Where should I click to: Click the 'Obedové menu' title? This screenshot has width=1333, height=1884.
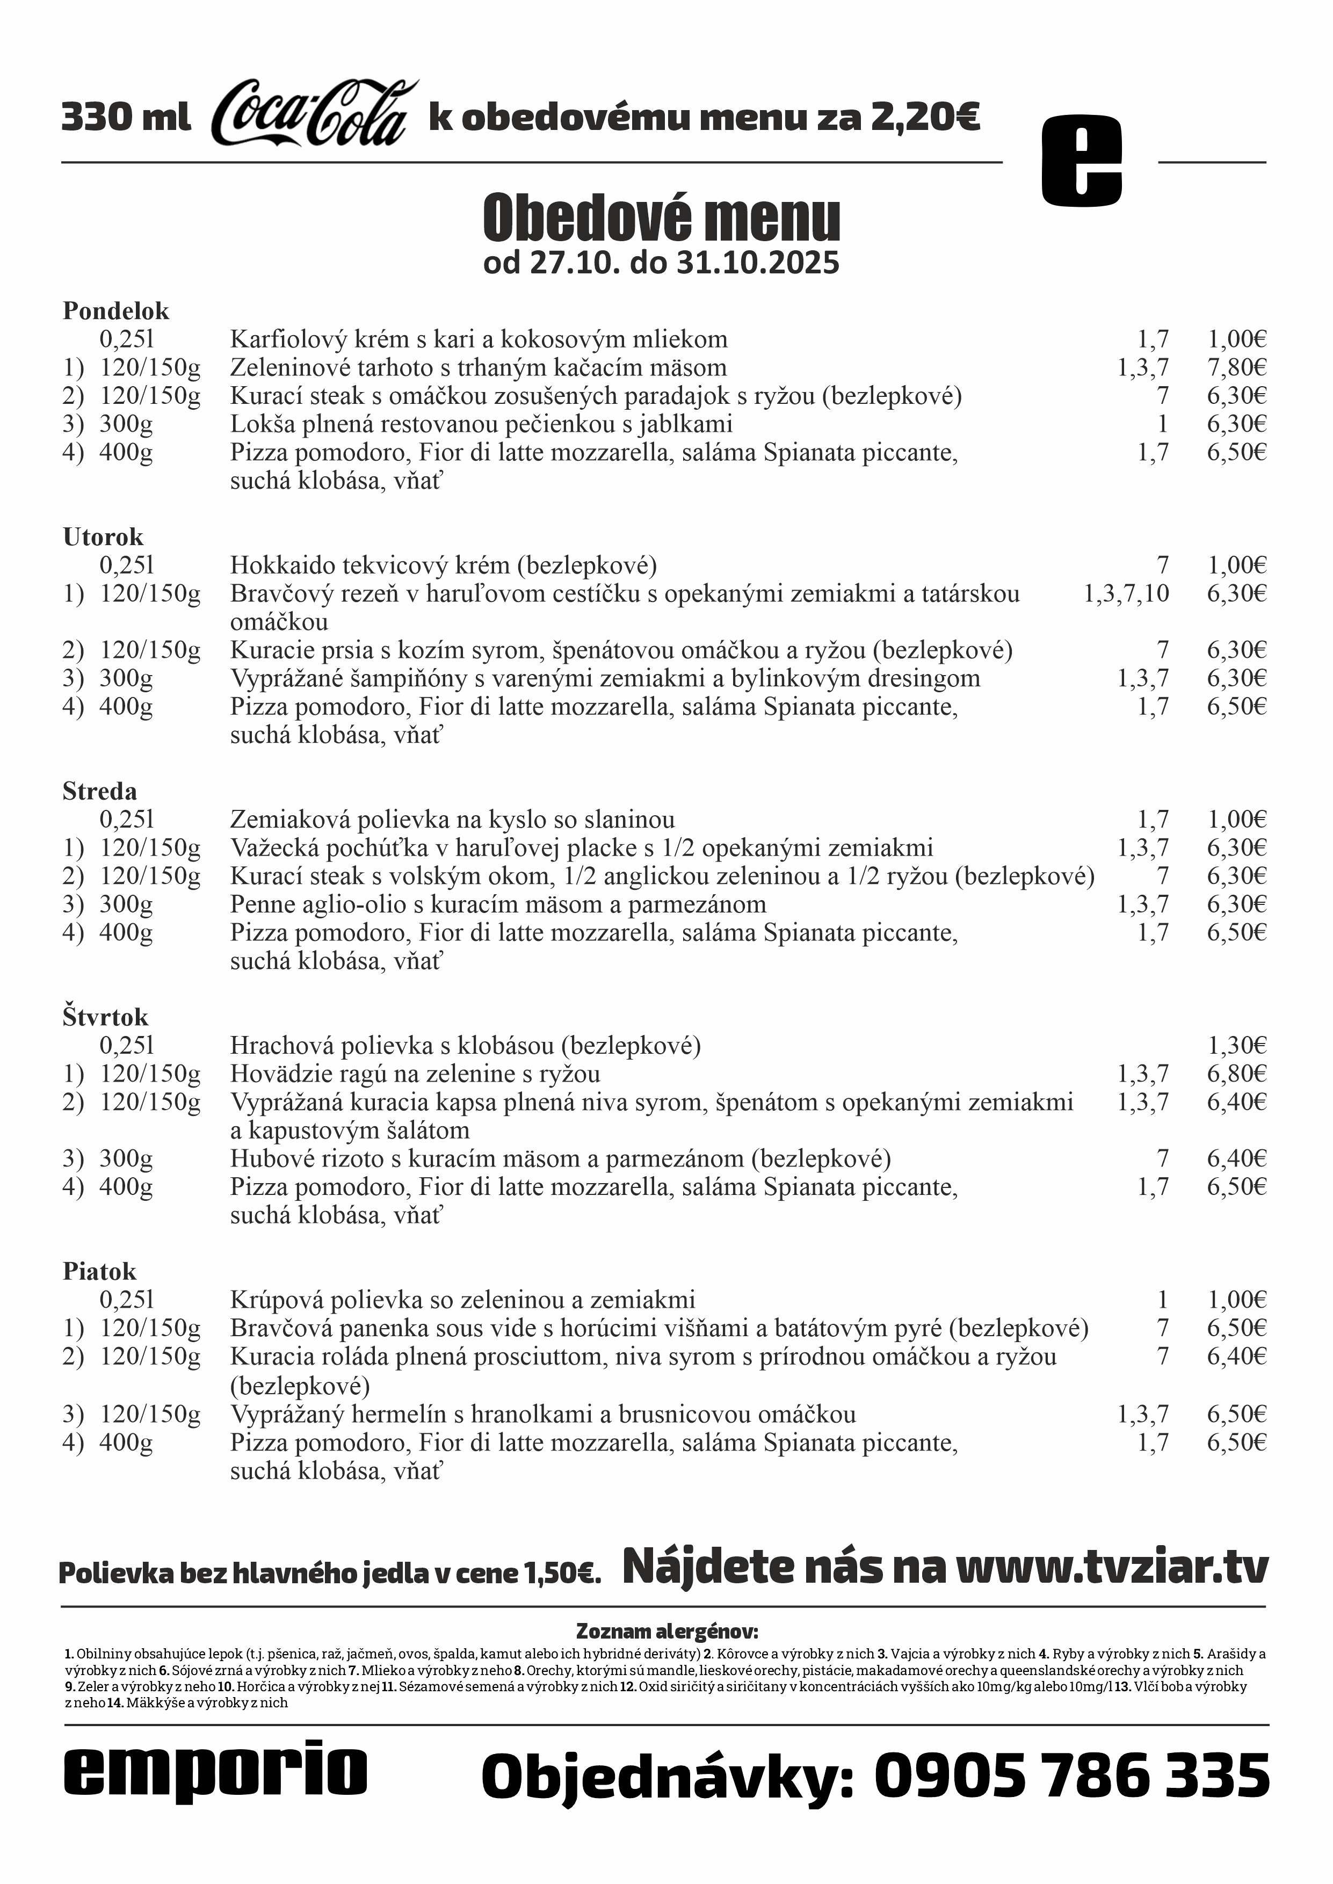pos(662,218)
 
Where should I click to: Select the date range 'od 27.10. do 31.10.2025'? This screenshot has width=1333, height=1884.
pos(662,263)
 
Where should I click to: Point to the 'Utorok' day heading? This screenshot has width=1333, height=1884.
pos(103,538)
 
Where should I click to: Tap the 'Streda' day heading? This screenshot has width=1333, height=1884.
pos(99,792)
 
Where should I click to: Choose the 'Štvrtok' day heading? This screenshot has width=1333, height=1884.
pos(105,1018)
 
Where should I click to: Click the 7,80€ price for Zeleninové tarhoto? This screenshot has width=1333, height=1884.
pos(1236,367)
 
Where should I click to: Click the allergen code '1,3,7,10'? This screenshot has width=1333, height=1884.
pos(1126,593)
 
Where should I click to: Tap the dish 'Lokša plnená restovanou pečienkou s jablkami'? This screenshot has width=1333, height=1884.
pos(481,424)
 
